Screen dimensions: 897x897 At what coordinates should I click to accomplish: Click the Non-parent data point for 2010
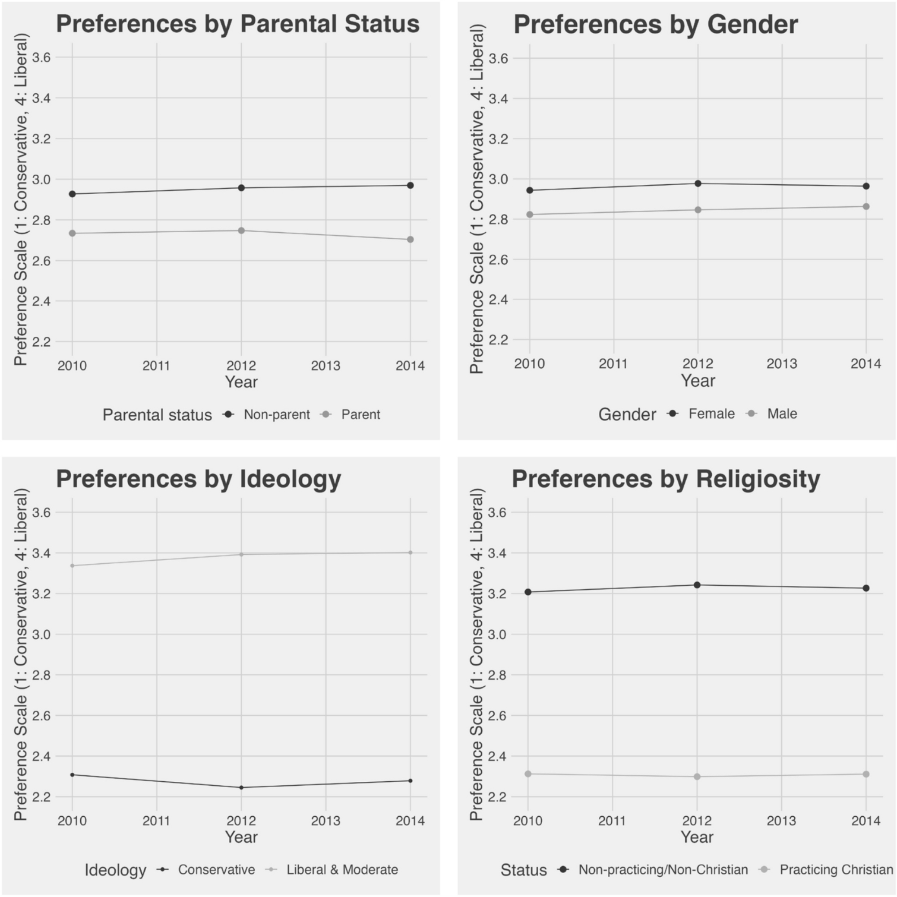(x=72, y=194)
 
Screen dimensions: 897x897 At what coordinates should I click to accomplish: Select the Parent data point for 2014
(x=410, y=239)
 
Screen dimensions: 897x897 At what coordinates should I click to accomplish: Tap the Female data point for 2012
(x=698, y=183)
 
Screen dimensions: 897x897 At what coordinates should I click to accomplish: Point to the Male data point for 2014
(x=867, y=207)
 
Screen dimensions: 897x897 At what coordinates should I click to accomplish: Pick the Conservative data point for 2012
(x=241, y=788)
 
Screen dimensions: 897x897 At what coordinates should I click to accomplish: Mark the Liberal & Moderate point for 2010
(x=72, y=566)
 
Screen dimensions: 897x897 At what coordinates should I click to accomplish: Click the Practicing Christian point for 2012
(x=697, y=777)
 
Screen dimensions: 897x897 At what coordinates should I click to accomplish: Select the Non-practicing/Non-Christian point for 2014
(x=867, y=588)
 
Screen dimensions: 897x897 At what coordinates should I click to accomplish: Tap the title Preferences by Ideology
(x=199, y=479)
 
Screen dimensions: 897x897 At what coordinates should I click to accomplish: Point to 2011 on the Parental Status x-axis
(x=157, y=366)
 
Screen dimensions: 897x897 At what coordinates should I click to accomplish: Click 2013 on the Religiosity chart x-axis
(x=781, y=821)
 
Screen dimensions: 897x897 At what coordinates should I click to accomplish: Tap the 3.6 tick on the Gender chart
(x=498, y=58)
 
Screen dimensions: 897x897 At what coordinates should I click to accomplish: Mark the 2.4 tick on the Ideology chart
(x=42, y=756)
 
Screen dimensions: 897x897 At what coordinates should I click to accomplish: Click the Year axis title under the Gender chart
(x=698, y=381)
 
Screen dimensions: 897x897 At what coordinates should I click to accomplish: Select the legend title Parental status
(x=157, y=414)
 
